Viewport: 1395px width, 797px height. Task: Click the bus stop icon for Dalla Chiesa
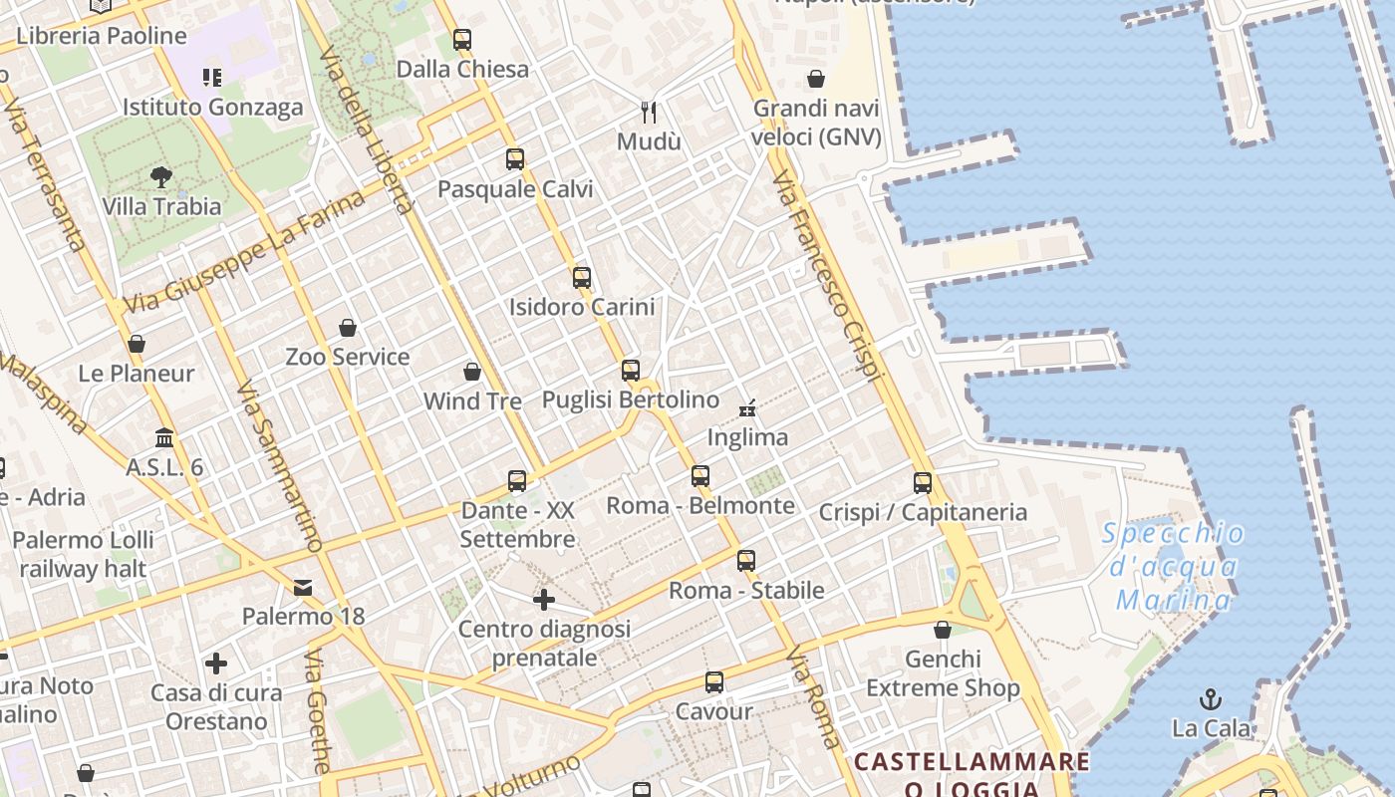(461, 40)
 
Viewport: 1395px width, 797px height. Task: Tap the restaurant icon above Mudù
(649, 112)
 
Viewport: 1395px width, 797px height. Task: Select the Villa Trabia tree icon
(161, 177)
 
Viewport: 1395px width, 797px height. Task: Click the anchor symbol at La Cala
(1211, 698)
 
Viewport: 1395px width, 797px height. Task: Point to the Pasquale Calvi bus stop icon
(515, 159)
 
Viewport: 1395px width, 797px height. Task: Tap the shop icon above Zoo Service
(348, 328)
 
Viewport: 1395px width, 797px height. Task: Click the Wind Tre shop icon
(472, 372)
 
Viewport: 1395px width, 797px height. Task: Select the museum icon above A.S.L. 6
(164, 438)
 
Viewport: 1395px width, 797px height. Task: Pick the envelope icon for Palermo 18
(303, 588)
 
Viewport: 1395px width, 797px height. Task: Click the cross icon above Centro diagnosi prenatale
(544, 600)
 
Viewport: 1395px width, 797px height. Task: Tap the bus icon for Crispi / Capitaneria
(923, 483)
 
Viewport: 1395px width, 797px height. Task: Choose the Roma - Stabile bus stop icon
(746, 561)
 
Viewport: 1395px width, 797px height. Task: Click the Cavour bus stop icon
(714, 682)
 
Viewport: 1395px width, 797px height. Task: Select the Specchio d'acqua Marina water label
(1174, 567)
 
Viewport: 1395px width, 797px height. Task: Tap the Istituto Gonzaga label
(212, 107)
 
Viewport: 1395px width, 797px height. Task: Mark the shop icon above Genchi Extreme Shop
(943, 630)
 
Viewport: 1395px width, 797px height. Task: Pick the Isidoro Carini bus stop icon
(582, 278)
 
